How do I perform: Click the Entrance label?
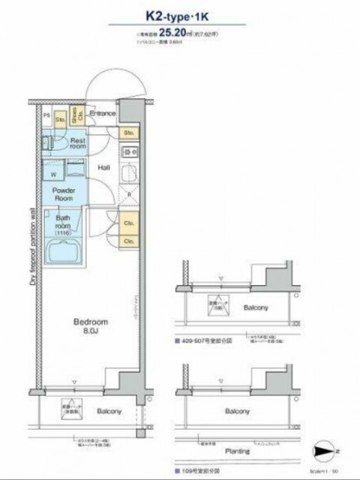pos(103,114)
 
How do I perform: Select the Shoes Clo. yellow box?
pos(76,115)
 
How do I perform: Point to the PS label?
pos(46,115)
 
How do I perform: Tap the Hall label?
pos(105,168)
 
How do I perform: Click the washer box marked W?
pos(52,175)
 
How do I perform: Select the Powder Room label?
pos(64,194)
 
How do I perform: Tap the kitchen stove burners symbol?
pos(127,152)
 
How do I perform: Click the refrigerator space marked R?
pos(128,195)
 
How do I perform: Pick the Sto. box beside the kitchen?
pos(128,132)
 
